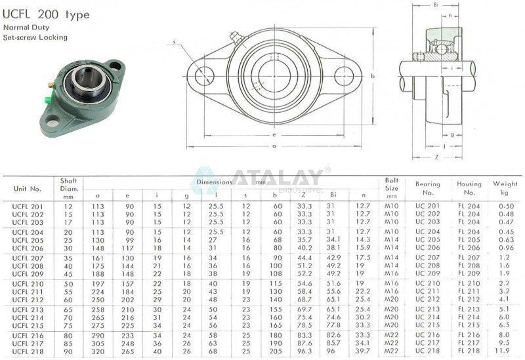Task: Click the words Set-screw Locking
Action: [x=35, y=37]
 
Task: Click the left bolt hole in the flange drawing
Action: [x=203, y=76]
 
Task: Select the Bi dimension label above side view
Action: [x=436, y=5]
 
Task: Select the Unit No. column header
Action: [x=27, y=189]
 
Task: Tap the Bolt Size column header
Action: [x=392, y=188]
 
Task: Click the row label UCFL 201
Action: [x=28, y=207]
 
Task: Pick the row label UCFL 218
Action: [x=28, y=351]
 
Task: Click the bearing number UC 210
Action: [x=428, y=283]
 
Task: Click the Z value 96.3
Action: [x=304, y=351]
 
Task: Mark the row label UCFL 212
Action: [x=28, y=299]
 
